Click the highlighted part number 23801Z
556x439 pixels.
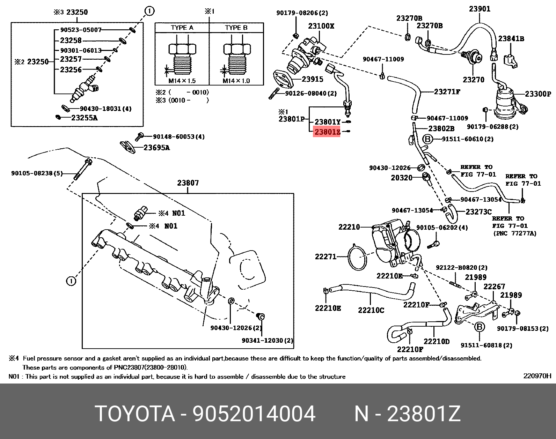[327, 132]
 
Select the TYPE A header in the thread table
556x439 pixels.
[182, 28]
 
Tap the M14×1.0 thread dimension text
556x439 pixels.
[236, 81]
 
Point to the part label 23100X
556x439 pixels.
[321, 26]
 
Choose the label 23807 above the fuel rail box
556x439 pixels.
[188, 183]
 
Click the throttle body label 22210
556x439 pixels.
[349, 227]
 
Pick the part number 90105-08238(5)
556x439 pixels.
[37, 173]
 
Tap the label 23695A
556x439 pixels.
[156, 148]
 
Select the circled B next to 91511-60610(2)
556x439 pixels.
[427, 139]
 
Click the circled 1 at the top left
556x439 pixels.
[149, 12]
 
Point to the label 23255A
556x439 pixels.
[84, 118]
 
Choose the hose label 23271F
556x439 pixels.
[447, 92]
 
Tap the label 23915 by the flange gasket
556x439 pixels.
[312, 79]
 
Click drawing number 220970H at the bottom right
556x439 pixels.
[537, 376]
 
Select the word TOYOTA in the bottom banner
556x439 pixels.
[135, 414]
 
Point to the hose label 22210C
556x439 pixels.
[371, 310]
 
